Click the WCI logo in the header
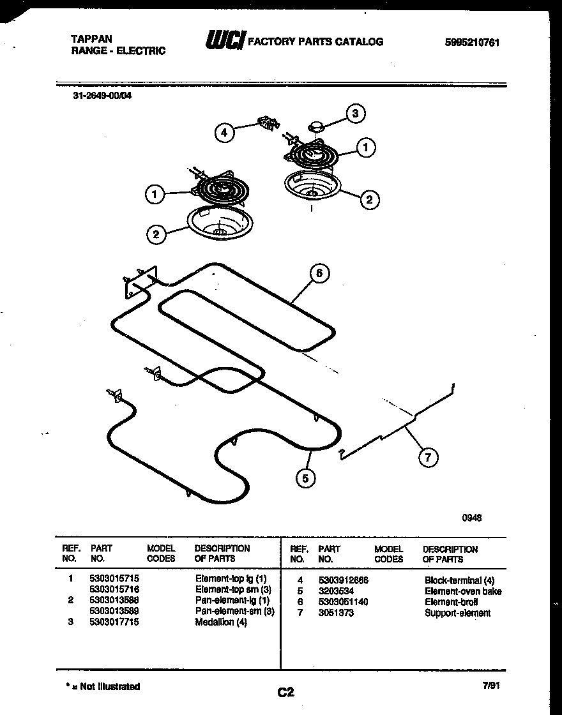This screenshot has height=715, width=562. (x=224, y=41)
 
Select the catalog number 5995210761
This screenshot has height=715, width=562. (x=472, y=43)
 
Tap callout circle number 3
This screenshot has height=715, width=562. (x=355, y=114)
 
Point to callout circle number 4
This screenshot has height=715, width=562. (x=224, y=133)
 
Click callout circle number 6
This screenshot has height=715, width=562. (x=319, y=273)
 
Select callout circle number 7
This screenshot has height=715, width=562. (x=429, y=456)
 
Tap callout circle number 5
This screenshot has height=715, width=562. (x=307, y=478)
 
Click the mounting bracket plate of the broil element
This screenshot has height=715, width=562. (x=140, y=282)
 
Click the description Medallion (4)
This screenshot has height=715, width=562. (x=220, y=622)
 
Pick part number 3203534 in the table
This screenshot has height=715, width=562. (x=335, y=591)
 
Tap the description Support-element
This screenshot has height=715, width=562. (x=457, y=613)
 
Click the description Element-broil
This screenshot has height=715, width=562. (x=450, y=602)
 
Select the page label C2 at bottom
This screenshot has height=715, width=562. (x=285, y=692)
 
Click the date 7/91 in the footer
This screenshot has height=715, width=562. (x=490, y=686)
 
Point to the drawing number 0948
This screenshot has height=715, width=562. (x=471, y=518)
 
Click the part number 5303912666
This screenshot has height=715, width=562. (x=343, y=580)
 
